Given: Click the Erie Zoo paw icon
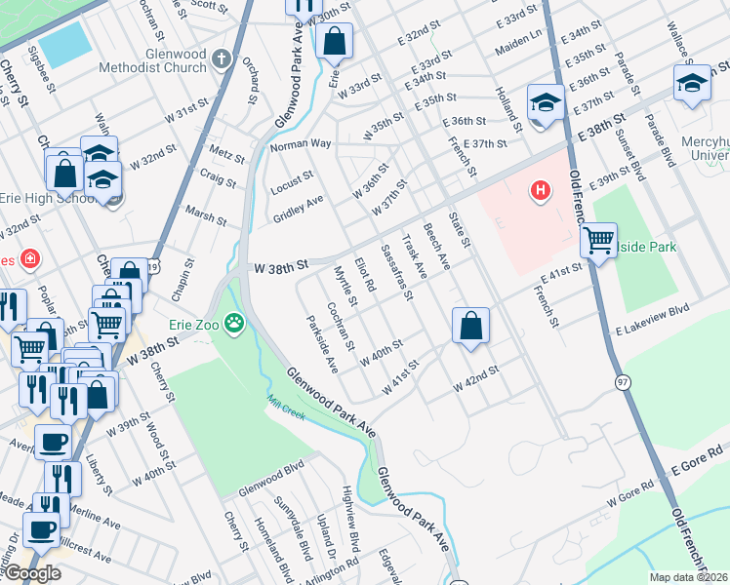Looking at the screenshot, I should [234, 322].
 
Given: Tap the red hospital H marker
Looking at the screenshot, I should [539, 190].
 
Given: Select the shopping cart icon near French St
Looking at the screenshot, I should [597, 239].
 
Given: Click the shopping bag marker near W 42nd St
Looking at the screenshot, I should [470, 326].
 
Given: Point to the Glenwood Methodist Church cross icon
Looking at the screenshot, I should [222, 58].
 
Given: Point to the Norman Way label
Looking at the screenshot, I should [301, 144].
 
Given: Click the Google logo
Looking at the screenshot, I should [32, 573].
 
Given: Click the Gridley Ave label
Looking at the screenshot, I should [298, 208].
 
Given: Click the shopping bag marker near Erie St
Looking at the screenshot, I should [334, 42].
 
